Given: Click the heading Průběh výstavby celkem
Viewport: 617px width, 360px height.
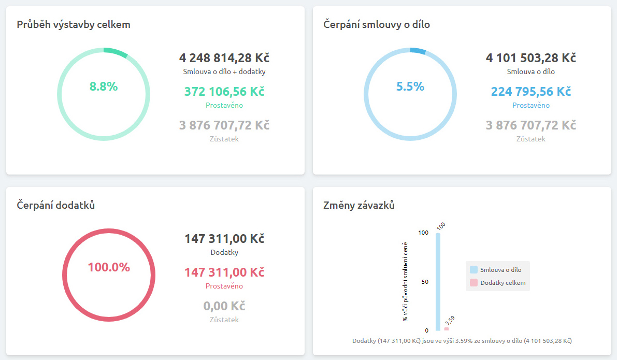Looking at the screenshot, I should click(74, 24).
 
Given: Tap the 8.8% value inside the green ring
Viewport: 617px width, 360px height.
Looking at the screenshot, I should click(104, 87).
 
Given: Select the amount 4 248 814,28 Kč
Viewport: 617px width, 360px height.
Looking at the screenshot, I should click(224, 57).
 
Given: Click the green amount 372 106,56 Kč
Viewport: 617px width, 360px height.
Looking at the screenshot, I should click(224, 92).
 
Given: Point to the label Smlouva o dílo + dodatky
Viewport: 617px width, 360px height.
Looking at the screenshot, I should click(224, 72).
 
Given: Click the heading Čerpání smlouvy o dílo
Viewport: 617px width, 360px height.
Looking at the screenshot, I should click(377, 24).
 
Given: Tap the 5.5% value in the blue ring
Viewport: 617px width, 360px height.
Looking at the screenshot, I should click(410, 87).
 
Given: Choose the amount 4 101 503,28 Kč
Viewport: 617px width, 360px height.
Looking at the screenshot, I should click(531, 57).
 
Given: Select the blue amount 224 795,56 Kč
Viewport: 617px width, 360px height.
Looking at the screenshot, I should click(531, 92).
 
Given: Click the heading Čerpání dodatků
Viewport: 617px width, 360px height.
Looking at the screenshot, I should click(56, 205).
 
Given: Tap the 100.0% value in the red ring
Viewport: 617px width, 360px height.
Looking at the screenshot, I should click(109, 267).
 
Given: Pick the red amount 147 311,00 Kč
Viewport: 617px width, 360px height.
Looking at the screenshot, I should click(224, 272).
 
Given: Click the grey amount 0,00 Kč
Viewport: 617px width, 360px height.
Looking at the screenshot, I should click(224, 306).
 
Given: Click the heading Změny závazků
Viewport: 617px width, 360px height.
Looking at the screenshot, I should click(359, 205).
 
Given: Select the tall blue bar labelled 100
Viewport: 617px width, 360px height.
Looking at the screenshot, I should click(438, 282).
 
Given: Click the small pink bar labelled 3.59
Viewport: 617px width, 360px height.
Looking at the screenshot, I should click(447, 329).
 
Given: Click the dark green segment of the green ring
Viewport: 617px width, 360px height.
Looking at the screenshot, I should click(115, 52).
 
